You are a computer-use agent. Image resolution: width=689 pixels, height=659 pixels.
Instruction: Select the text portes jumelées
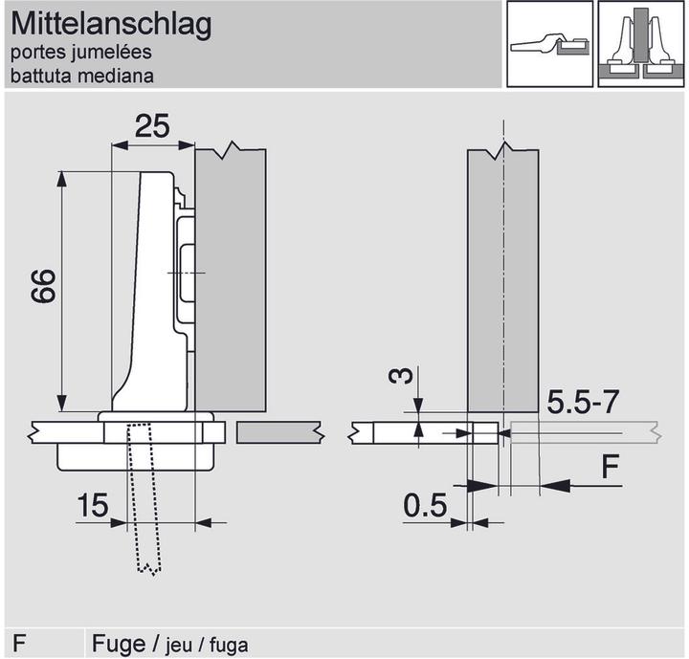coord(81,54)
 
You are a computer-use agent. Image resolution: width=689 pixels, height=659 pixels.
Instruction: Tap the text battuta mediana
coord(82,76)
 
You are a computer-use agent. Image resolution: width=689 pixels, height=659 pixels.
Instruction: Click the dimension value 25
coord(153,125)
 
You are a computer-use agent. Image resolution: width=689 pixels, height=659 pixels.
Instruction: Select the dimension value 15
coord(93,506)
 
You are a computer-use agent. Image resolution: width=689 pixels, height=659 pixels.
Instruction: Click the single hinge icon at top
coord(545,44)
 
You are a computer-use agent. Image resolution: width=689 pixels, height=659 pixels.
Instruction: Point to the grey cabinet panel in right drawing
coord(502,277)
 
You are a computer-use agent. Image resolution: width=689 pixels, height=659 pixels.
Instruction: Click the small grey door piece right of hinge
coord(279,433)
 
